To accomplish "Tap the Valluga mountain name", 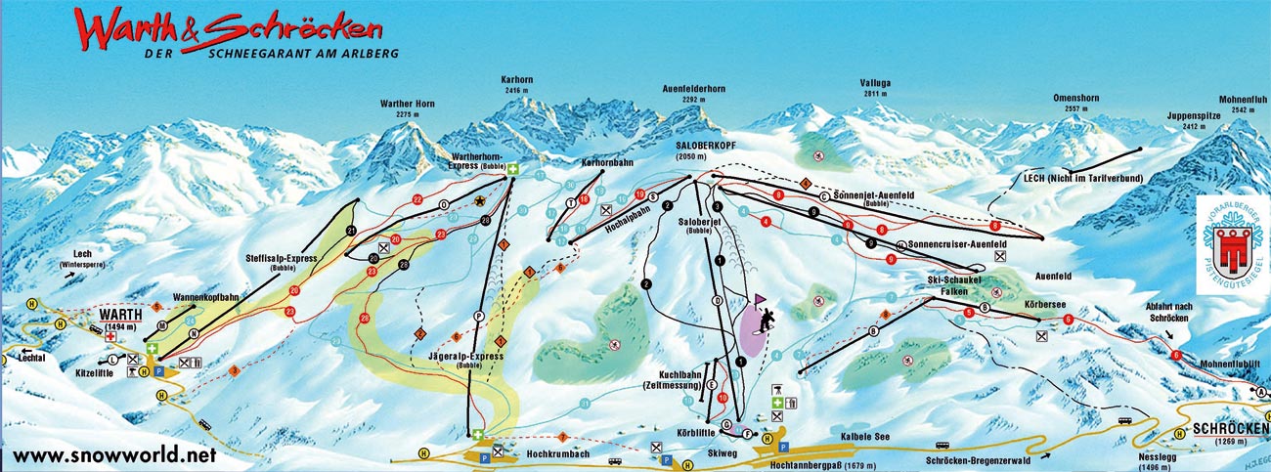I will pos(875,83).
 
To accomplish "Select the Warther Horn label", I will pos(408,104).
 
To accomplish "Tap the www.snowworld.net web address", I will pos(113,455).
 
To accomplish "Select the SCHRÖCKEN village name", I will pos(1230,428).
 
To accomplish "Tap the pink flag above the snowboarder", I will pos(759,299).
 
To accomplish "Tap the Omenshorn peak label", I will pos(1075,99).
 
